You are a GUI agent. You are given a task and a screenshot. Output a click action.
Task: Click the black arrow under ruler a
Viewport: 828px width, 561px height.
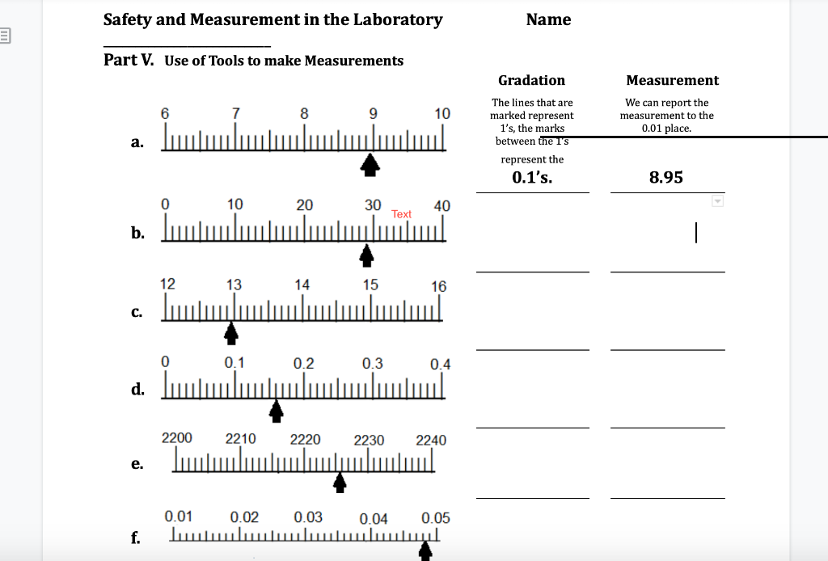(370, 165)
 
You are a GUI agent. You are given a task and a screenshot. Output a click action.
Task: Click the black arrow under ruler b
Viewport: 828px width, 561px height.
(366, 255)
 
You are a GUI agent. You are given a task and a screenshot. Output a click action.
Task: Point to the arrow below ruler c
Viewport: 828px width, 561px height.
(231, 332)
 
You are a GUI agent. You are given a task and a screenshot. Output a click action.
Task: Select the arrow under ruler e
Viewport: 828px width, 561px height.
(340, 482)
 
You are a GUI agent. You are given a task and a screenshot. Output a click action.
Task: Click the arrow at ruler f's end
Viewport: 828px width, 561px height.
(425, 551)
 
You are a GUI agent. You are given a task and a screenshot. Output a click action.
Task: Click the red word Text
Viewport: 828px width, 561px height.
(401, 214)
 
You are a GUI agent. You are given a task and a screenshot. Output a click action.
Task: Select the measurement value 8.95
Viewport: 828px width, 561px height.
(666, 178)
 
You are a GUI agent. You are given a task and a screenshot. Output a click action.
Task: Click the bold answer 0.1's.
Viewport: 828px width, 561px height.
(532, 178)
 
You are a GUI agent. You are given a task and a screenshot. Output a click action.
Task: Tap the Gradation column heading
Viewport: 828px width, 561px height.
(531, 80)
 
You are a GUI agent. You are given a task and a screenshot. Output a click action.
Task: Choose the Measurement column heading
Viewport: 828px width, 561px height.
(672, 80)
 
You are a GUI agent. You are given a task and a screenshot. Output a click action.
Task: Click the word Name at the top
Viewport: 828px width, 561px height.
(548, 19)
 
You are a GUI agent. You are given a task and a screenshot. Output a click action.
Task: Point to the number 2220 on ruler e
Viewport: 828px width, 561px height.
(305, 440)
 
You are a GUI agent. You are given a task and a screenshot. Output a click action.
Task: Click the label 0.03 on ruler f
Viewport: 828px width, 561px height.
(308, 517)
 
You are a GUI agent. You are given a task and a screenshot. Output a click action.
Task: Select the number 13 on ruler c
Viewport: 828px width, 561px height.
(234, 285)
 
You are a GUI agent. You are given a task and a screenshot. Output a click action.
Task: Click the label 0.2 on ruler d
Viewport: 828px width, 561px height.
(303, 364)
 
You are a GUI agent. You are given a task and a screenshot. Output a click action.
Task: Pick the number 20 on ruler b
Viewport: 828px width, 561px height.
(304, 205)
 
